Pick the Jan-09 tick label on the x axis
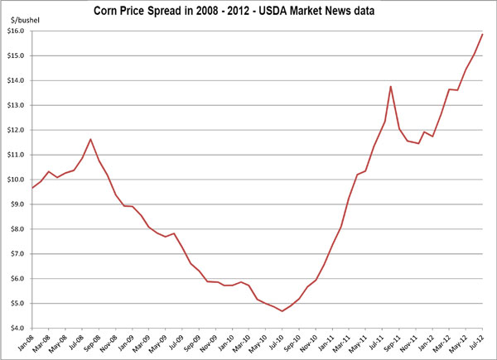tap(128, 343)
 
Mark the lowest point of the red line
tap(282, 311)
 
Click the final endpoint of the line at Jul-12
tap(482, 34)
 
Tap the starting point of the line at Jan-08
tap(32, 188)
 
